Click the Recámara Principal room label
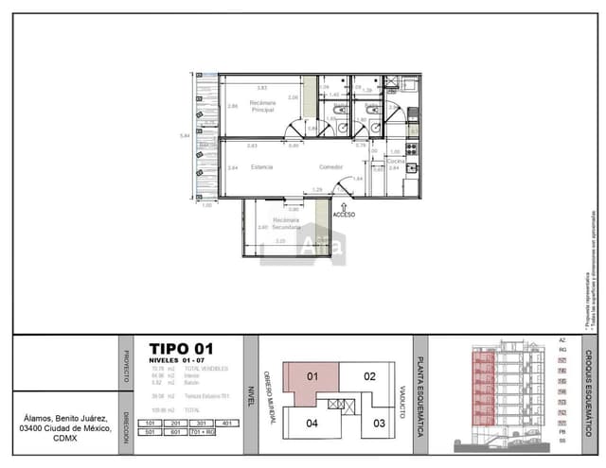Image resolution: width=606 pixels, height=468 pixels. point(262,106)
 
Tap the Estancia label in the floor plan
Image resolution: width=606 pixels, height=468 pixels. point(262,166)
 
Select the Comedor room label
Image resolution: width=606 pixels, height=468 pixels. point(330,166)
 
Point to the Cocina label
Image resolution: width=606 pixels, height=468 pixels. point(395,161)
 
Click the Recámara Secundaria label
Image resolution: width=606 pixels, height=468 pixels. point(287,223)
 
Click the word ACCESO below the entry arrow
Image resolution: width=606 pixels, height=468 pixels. point(345,215)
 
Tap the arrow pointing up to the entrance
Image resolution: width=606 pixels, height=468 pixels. point(345,201)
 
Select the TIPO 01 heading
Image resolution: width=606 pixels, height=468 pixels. point(182,348)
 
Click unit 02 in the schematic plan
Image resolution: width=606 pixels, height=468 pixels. point(370,375)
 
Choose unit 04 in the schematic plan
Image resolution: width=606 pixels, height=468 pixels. point(312,424)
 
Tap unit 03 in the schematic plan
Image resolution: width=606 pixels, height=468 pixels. point(380,423)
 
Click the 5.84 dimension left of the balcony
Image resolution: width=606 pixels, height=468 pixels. point(185,135)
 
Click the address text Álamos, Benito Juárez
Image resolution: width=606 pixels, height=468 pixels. point(67,418)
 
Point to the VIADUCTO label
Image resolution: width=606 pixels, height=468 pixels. point(402,402)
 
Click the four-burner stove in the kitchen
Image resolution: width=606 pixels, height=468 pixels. point(412,148)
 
